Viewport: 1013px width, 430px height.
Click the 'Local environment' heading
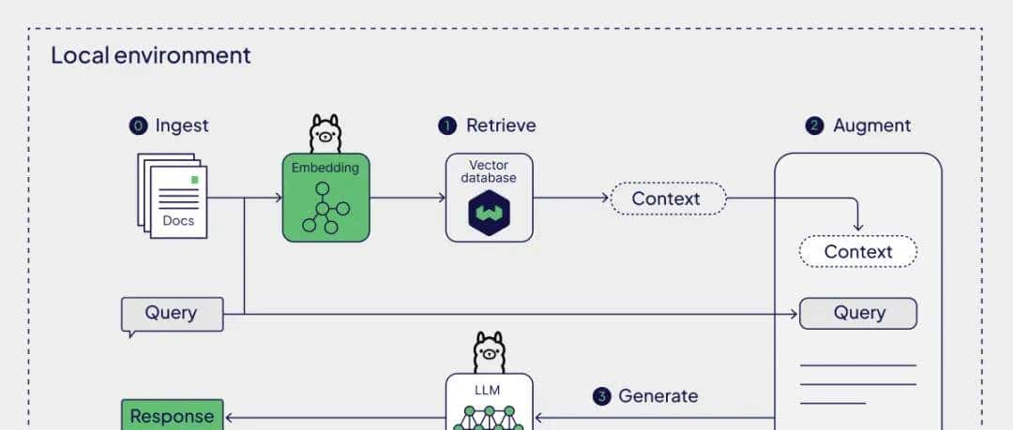point(150,55)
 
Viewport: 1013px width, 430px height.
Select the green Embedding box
point(325,198)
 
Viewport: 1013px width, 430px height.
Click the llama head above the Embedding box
point(325,134)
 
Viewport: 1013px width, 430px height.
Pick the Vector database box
point(489,198)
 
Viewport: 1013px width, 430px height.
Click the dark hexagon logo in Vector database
point(489,213)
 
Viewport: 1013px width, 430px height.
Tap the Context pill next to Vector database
point(667,199)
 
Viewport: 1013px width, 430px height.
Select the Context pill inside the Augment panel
point(858,251)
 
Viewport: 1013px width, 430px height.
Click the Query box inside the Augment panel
point(858,313)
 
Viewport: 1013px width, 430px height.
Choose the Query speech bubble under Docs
point(173,314)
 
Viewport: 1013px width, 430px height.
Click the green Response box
point(173,415)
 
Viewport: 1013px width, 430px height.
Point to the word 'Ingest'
point(182,126)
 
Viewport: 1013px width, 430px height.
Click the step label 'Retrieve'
point(501,126)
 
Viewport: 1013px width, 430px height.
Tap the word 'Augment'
point(871,126)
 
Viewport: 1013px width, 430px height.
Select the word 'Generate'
point(658,396)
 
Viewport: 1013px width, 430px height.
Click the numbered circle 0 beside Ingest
point(139,126)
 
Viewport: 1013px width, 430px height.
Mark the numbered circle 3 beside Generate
point(602,396)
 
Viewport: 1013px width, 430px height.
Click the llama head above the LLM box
point(489,352)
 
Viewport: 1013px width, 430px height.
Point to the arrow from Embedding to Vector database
point(408,198)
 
